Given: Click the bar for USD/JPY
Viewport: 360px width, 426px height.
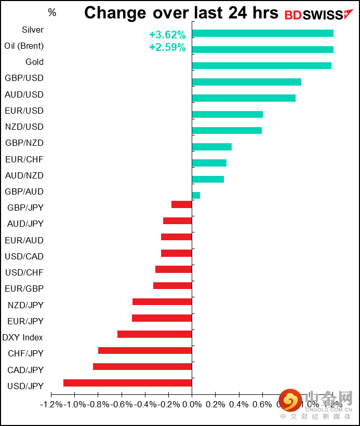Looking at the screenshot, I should [x=128, y=383].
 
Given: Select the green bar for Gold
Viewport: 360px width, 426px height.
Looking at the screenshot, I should [x=261, y=65].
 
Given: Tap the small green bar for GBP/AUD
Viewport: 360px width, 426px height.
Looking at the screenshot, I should [x=196, y=195].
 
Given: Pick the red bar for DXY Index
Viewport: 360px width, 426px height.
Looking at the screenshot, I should [x=155, y=334].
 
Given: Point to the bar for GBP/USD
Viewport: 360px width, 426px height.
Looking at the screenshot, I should [x=246, y=82].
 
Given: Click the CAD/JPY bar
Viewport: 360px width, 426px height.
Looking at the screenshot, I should [x=142, y=366].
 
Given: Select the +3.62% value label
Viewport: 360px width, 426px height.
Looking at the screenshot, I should [x=167, y=35].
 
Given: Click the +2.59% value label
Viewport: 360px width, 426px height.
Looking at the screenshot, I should [x=167, y=48].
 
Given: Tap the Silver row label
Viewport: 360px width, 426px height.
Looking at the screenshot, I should [x=33, y=30].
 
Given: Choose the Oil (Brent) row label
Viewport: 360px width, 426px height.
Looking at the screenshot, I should [x=24, y=46].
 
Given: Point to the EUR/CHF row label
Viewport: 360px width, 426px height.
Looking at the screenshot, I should [x=24, y=159].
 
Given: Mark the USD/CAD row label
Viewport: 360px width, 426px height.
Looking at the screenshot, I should [x=24, y=256].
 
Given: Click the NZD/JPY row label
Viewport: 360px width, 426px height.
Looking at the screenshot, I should [x=25, y=305].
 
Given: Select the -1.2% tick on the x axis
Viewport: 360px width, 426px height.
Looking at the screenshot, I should [x=51, y=404].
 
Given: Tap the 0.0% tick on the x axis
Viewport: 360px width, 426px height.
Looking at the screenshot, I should [x=192, y=404].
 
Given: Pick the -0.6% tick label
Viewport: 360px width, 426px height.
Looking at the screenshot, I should [x=122, y=404].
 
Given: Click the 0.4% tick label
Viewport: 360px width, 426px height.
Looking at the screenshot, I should [x=239, y=404].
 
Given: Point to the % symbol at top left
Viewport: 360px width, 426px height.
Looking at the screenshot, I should [x=52, y=12].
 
